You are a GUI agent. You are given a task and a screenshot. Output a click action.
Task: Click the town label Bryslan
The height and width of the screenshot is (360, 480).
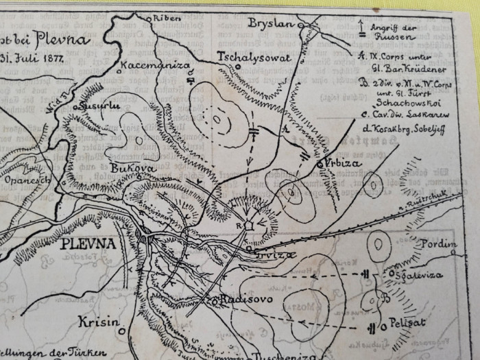tap(271, 22)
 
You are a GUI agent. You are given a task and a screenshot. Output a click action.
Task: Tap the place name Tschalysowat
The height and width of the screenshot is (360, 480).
tap(254, 58)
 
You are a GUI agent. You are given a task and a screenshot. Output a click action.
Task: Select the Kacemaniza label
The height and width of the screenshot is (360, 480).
tap(149, 67)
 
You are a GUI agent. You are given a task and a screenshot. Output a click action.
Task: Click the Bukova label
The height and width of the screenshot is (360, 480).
tap(125, 167)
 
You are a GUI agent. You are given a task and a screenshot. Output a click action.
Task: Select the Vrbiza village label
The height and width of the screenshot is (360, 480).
tap(337, 165)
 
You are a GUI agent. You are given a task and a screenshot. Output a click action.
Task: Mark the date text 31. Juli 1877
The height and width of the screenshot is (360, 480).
tap(32, 58)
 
